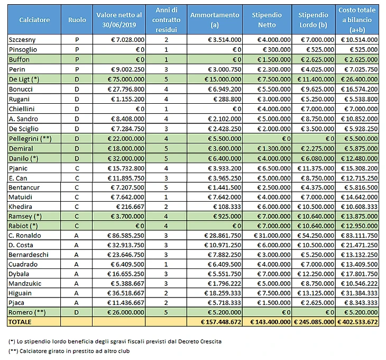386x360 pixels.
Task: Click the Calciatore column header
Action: tap(34, 20)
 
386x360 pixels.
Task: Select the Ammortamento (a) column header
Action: tap(214, 20)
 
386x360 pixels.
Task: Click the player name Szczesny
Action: tap(22, 40)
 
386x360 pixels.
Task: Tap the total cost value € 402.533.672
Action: tap(357, 322)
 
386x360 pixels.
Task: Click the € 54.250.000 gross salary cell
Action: tap(314, 236)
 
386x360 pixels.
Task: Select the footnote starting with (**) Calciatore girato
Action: tap(69, 352)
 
